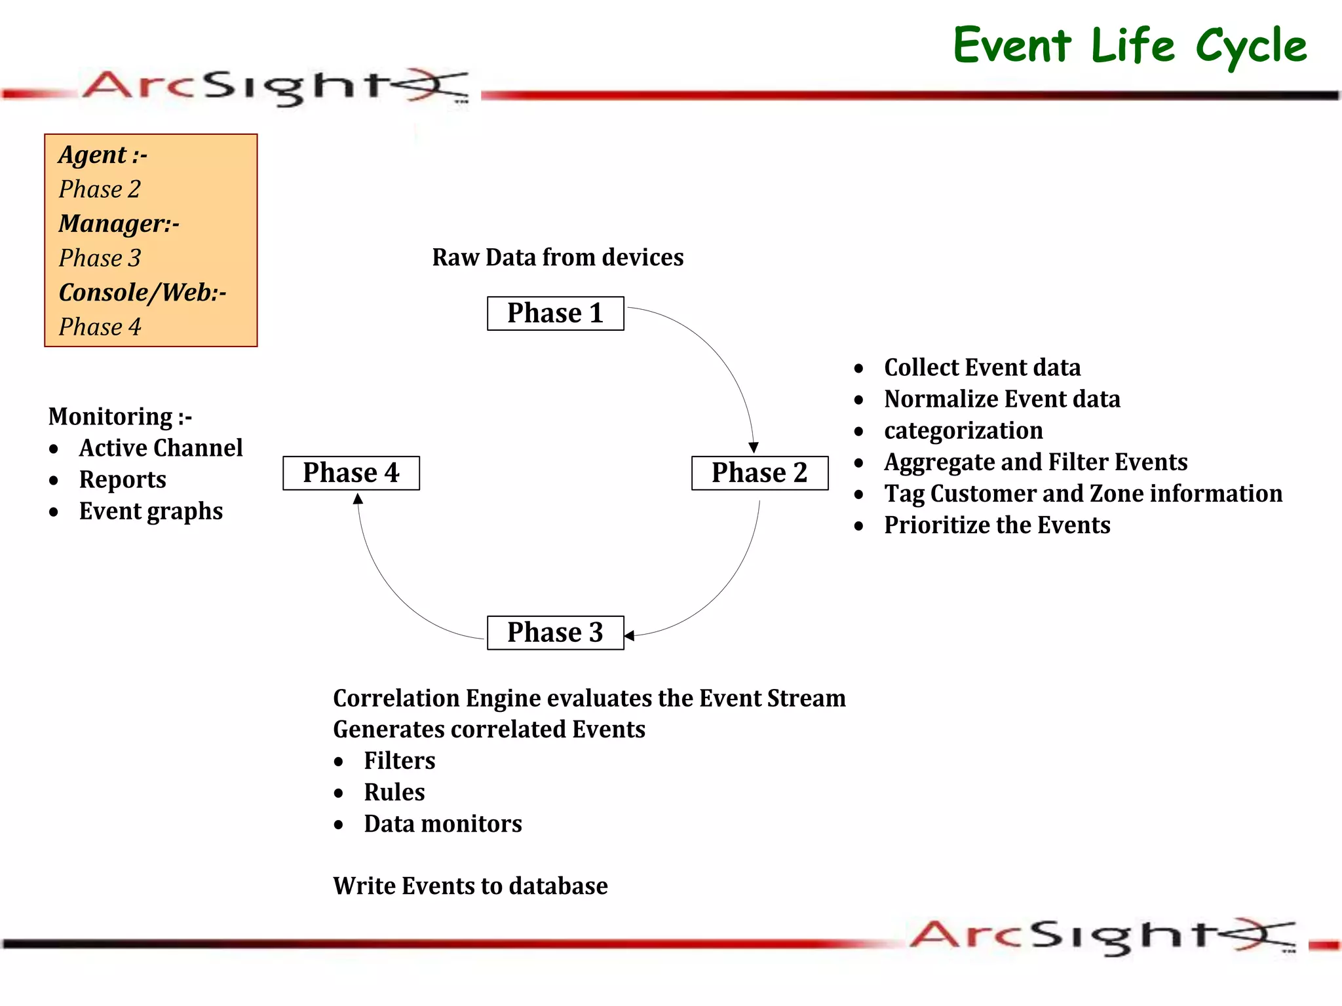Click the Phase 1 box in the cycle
coord(555,313)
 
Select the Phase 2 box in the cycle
coord(759,473)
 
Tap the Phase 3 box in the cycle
coord(555,633)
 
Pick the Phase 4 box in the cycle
coord(351,473)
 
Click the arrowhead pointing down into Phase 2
coord(754,447)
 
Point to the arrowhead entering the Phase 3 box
coord(629,635)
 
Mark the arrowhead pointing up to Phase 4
coord(358,499)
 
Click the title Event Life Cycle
coord(1130,46)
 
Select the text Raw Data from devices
coord(558,257)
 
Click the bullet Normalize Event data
coord(1001,399)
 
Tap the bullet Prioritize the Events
coord(997,525)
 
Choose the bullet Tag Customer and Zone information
coord(1083,494)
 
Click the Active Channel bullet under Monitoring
coord(161,448)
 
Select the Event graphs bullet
coord(151,511)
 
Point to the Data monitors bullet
coord(443,824)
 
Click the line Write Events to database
coord(470,886)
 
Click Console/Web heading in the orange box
coord(142,293)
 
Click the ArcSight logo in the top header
coord(275,86)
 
